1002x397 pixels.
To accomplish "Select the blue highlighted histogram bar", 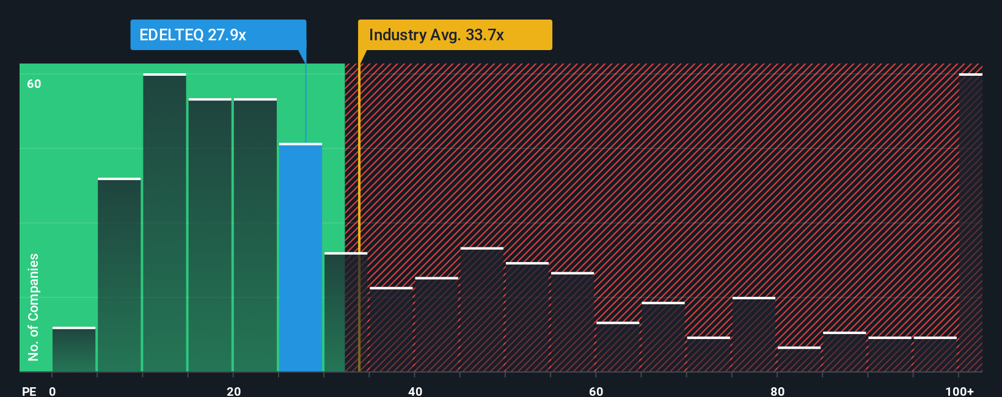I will [x=301, y=257].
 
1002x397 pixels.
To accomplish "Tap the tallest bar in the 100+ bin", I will [x=970, y=223].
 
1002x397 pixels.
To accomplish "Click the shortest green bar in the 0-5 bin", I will [x=74, y=349].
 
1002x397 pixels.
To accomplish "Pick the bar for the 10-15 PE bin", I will [x=164, y=223].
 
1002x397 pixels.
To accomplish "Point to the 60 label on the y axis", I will [x=34, y=84].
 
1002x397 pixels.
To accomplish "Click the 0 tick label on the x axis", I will [x=53, y=391].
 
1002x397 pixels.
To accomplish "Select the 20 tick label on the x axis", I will [x=233, y=391].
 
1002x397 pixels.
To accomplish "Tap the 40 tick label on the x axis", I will [x=415, y=391].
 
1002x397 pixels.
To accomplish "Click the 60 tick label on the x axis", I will [x=596, y=391].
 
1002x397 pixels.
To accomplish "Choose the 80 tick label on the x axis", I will [x=777, y=391].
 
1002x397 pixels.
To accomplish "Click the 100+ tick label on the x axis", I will [x=959, y=391].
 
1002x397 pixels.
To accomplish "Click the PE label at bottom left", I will [x=29, y=391].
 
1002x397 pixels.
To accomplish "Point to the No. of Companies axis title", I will [x=34, y=307].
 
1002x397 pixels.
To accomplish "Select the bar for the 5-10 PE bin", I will [x=119, y=275].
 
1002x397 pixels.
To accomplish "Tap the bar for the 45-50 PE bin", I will [x=482, y=310].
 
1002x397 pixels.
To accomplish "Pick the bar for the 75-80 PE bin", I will [x=754, y=335].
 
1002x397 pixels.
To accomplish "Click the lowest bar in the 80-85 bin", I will [x=799, y=360].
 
